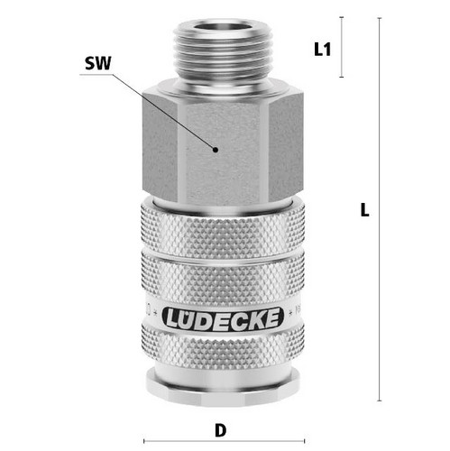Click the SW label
[98, 63]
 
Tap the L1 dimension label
[322, 50]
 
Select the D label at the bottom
[221, 430]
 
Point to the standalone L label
[364, 210]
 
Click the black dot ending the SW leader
[215, 150]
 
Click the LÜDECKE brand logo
[223, 318]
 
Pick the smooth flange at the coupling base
[223, 388]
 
